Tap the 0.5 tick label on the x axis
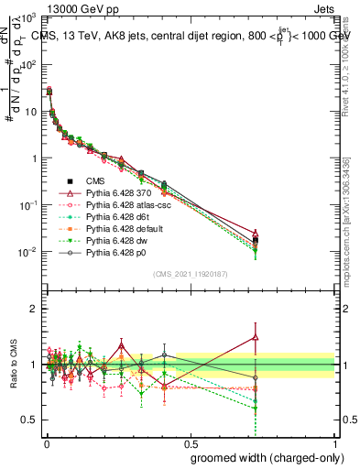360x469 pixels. [x=189, y=442]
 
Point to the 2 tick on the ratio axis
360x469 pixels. [x=34, y=309]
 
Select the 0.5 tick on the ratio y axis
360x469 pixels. [x=29, y=420]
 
